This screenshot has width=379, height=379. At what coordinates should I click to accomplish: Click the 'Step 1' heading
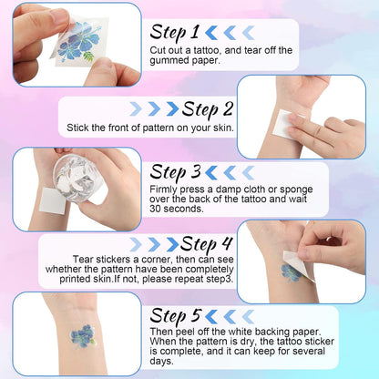(174, 33)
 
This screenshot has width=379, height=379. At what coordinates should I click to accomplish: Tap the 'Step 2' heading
(208, 109)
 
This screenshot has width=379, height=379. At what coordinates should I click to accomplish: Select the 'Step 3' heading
(175, 172)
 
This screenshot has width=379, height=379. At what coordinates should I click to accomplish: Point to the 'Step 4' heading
(207, 244)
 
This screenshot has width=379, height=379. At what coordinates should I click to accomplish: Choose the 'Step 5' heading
(175, 315)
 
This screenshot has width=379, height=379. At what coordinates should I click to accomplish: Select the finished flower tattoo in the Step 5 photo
(82, 336)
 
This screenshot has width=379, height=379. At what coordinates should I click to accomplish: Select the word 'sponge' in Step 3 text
(296, 190)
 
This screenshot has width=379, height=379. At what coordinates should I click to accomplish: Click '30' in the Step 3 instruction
(155, 209)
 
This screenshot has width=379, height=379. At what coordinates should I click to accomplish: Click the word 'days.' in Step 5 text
(161, 361)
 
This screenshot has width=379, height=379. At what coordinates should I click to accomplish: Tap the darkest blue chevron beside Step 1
(211, 33)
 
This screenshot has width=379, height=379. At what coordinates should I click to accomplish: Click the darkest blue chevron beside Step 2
(173, 108)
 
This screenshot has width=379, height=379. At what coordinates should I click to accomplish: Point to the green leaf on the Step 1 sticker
(88, 56)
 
